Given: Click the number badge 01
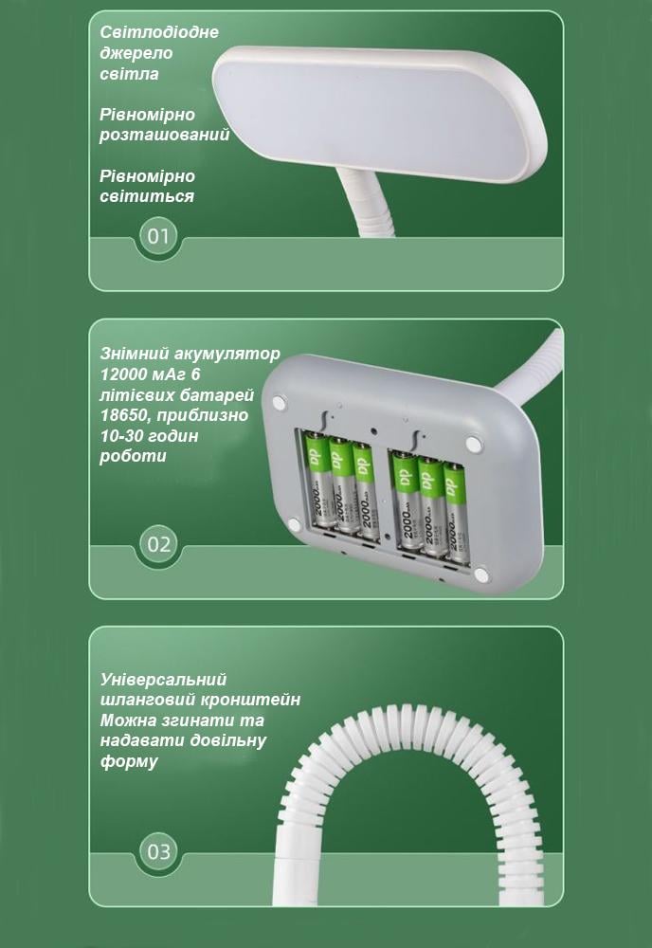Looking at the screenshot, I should click(157, 235).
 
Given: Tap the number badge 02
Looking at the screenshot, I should click(158, 544).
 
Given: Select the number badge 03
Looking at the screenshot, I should click(158, 850).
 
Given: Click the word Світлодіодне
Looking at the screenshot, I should click(158, 32).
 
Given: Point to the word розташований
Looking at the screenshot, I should click(165, 135).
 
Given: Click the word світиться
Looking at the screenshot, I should click(146, 196).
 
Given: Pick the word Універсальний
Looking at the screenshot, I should click(163, 680).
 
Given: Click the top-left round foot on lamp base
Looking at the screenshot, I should click(279, 403).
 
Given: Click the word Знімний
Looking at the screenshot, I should click(135, 355).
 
